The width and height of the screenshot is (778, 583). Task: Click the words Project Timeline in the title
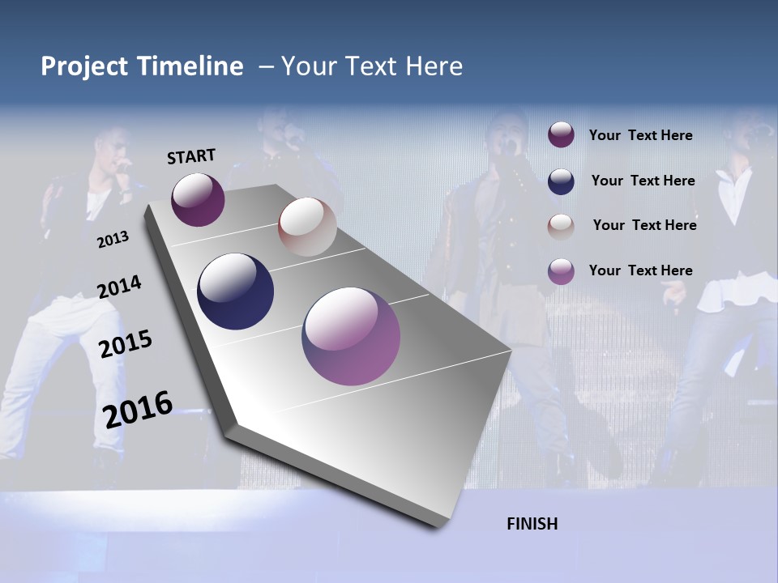point(142,66)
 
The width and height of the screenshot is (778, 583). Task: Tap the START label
point(191,156)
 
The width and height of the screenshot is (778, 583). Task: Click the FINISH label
point(532,524)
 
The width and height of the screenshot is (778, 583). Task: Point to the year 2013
point(113,240)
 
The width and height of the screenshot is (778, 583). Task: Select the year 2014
point(119,287)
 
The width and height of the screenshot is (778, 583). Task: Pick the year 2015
point(125,344)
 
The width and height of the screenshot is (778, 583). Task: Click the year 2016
point(138,409)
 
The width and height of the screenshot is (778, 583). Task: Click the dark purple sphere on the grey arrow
point(198,199)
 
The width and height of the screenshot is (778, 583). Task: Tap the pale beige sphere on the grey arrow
point(307,227)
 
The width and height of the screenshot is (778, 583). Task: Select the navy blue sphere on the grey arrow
point(235,291)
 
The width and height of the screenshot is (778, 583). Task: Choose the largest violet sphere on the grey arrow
point(351,336)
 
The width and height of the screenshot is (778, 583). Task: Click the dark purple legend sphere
point(561,135)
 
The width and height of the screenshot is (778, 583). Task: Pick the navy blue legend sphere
point(561,181)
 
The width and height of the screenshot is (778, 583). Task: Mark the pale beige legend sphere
point(561,226)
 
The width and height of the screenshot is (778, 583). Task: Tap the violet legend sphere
point(561,271)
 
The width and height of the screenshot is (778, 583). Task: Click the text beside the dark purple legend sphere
point(640,135)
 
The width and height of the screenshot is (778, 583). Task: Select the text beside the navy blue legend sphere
point(643,181)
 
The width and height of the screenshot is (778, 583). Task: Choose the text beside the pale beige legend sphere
point(644,225)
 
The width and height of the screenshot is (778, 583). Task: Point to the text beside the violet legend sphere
point(640,270)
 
